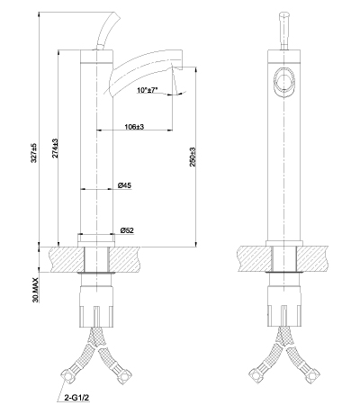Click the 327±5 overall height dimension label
pos(34,153)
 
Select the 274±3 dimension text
pos(55,148)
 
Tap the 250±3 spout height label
pos(193,157)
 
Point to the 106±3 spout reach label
pos(134,127)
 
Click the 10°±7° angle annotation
pos(148,90)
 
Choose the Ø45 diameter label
pos(124,185)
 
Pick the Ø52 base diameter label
pos(127,230)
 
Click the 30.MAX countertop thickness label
pos(35,290)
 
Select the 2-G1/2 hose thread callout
pos(76,398)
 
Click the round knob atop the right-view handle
pos(284,15)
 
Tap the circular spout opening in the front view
pos(284,81)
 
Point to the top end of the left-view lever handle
pos(114,13)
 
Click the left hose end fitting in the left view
pos(67,374)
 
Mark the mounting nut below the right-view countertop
pos(283,305)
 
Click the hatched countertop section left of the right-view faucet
pos(254,258)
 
